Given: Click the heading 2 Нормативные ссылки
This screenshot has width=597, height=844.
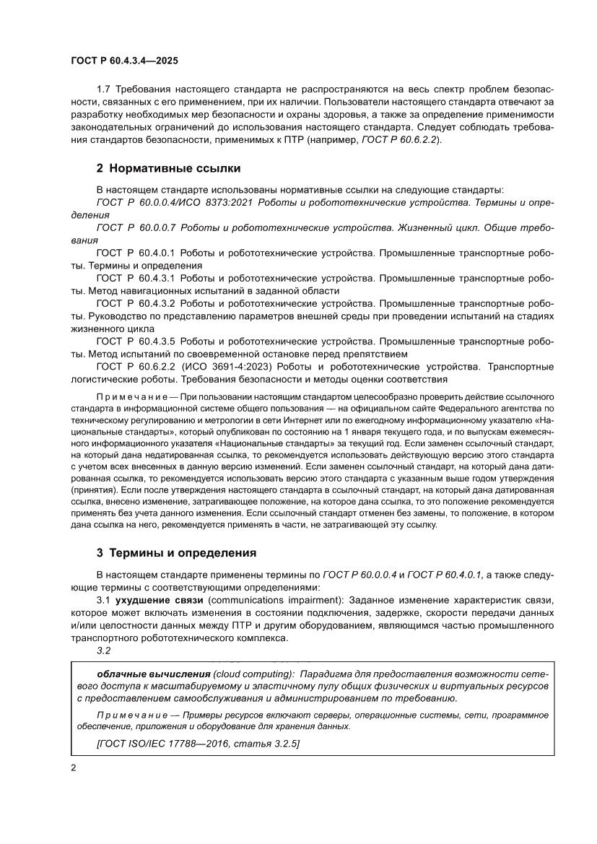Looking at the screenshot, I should [168, 169].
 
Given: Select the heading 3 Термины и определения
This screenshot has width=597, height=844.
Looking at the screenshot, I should [176, 554].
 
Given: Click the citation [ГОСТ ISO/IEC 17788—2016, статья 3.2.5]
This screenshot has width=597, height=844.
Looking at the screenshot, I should [198, 743].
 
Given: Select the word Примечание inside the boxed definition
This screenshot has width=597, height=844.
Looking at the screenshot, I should [125, 715].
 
